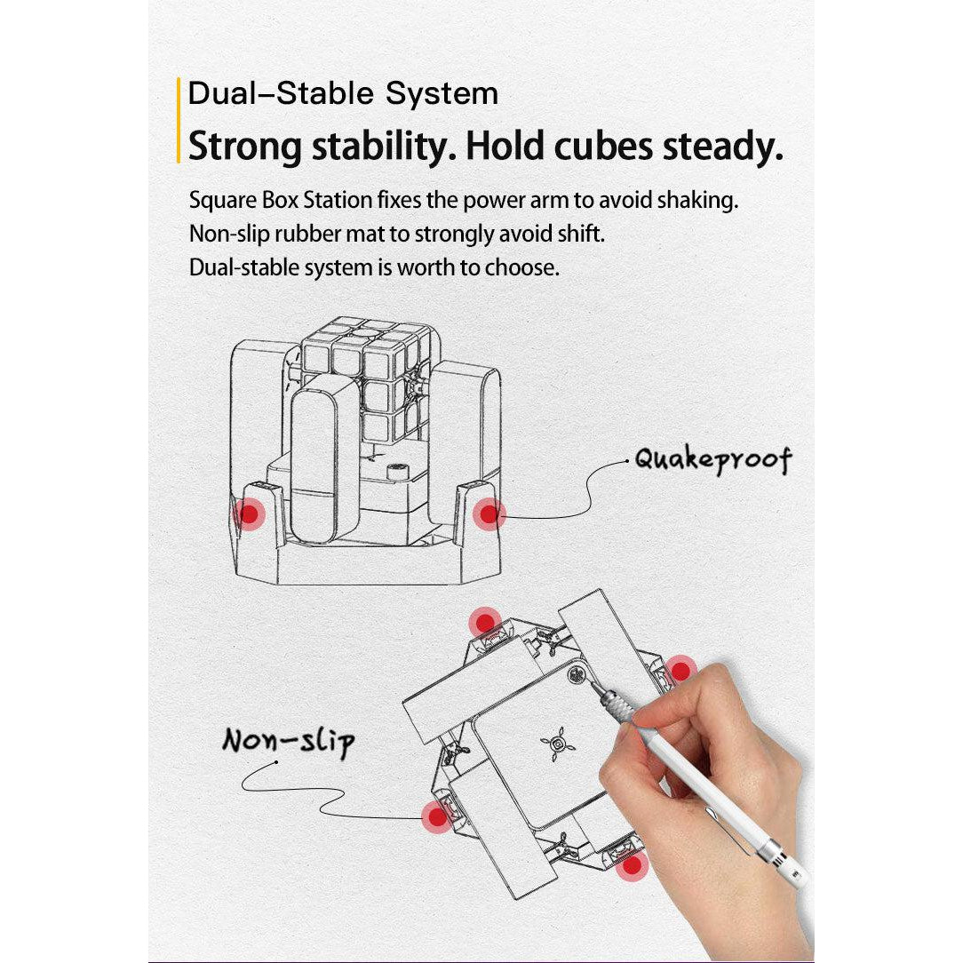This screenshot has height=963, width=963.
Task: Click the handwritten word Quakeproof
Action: [x=713, y=460]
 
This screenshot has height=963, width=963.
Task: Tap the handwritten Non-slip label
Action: [x=289, y=742]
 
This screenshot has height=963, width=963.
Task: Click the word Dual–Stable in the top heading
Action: [x=281, y=93]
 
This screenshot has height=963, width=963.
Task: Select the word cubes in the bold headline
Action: [x=604, y=147]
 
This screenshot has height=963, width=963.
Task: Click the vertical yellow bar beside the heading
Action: [x=178, y=121]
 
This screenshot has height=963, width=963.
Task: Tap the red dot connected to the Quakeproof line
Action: [x=489, y=514]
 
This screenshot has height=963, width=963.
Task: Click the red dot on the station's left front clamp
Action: [x=249, y=513]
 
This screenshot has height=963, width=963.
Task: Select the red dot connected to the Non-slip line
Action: [x=437, y=817]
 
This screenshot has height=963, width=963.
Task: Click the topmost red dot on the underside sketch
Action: [x=484, y=623]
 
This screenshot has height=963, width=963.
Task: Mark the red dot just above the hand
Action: [x=680, y=671]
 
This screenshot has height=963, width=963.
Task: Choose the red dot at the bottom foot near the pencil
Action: [x=632, y=866]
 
